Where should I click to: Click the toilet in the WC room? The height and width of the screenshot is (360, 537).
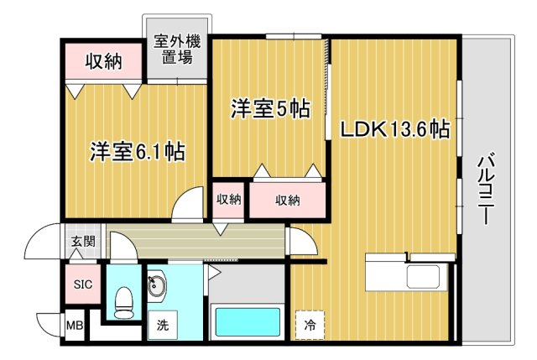coord(123,302)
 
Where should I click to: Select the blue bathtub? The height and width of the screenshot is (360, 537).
coord(248,322)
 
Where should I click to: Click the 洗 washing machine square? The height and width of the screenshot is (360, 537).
coord(162,325)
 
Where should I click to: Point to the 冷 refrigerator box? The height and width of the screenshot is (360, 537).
coord(310,325)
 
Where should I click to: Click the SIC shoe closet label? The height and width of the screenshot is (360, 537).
coord(83,284)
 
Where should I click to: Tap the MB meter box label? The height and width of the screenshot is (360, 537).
coord(75,325)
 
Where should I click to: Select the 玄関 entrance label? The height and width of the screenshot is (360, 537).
coord(83,242)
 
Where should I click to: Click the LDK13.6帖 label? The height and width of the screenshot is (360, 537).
coord(394,129)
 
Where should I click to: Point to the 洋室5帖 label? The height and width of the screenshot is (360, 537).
coord(270,108)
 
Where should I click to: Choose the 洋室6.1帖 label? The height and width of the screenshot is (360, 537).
coord(138,151)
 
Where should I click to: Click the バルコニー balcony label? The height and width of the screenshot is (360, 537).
coord(487,190)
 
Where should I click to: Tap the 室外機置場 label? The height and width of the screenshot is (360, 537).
coord(177,49)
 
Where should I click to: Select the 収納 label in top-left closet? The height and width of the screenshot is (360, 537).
coord(103,61)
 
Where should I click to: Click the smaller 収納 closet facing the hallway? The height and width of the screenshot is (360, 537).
coord(228,201)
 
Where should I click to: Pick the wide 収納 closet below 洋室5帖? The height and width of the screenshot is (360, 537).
coord(287,201)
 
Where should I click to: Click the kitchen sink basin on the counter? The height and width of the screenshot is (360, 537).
coord(423,276)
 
